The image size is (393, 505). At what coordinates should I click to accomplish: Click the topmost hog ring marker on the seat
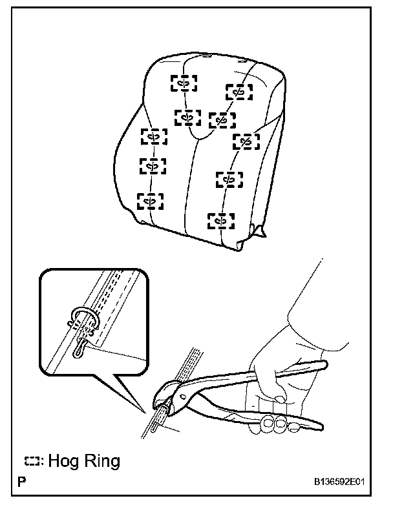[184, 83]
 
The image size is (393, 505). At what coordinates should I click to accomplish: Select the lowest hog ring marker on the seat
[220, 221]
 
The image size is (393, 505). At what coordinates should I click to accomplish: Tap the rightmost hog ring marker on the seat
[246, 141]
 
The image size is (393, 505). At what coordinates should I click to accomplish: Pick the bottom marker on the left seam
[151, 201]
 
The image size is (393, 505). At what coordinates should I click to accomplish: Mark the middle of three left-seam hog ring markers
[153, 166]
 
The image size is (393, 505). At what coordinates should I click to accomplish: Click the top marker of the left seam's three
[154, 136]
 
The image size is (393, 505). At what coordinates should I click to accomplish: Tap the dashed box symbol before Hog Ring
[32, 461]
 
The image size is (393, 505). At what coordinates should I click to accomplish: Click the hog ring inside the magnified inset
[84, 321]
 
